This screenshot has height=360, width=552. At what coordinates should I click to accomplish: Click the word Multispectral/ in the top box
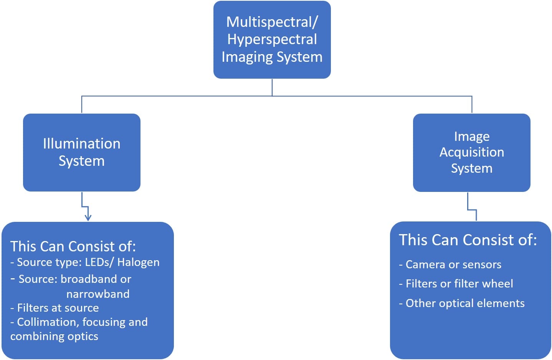click(x=272, y=22)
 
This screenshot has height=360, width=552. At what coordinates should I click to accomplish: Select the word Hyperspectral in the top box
click(x=272, y=39)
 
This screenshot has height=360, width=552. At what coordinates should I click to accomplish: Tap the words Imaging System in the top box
click(x=272, y=57)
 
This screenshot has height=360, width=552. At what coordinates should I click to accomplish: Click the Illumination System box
click(x=82, y=152)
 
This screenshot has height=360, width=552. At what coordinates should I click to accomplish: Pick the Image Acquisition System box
click(x=471, y=152)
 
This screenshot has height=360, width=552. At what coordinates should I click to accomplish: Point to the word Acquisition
click(x=471, y=152)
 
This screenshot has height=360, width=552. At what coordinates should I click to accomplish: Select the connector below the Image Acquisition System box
click(x=472, y=210)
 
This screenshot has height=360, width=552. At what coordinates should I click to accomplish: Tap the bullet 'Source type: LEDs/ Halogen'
click(x=85, y=262)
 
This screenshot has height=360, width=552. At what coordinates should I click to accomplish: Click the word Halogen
click(x=138, y=262)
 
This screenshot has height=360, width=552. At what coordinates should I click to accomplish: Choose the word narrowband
click(x=98, y=294)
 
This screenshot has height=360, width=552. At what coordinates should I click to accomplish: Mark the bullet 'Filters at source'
click(x=55, y=308)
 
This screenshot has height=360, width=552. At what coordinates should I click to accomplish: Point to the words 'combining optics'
click(x=54, y=336)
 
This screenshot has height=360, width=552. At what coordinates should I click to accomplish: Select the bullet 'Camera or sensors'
click(x=450, y=264)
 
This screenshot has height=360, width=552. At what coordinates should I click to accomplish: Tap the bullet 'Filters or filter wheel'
click(x=456, y=284)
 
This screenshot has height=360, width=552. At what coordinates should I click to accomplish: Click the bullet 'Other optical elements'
click(x=462, y=303)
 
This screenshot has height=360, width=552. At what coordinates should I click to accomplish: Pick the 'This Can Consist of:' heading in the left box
click(x=73, y=246)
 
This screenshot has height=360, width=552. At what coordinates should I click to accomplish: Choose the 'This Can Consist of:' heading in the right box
click(x=468, y=240)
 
